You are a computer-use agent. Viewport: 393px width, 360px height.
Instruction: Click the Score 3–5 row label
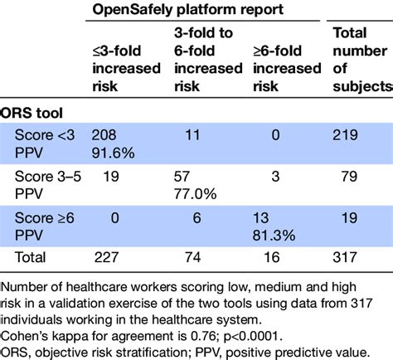point(46,178)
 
